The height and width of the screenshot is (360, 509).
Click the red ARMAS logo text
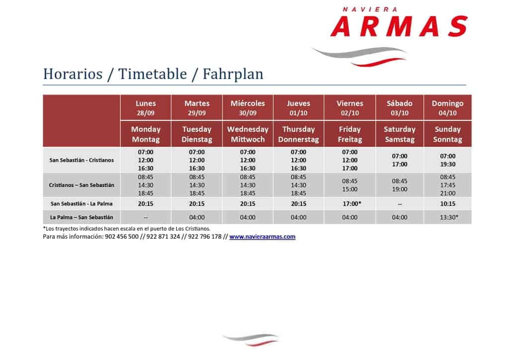399,26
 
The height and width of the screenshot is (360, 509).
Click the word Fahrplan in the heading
233,74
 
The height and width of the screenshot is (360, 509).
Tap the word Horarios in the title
73,74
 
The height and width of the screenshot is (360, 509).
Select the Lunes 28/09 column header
146,108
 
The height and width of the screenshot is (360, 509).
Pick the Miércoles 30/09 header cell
248,108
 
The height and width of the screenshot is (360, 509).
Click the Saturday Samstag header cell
399,134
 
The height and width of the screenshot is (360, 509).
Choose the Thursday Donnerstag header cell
298,134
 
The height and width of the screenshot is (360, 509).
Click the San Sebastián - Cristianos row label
82,160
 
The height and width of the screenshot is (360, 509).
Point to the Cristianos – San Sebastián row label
82,185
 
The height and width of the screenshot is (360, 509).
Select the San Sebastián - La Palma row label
82,203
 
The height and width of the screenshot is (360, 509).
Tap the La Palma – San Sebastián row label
82,217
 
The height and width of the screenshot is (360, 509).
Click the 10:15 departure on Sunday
448,203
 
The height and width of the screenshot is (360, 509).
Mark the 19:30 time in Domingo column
448,164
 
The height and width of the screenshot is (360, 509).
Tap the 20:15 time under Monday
146,203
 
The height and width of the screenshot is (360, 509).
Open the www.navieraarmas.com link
262,237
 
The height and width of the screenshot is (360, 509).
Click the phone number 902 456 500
122,237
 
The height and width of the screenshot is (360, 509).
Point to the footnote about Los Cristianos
127,229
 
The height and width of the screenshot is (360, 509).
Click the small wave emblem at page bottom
251,339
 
